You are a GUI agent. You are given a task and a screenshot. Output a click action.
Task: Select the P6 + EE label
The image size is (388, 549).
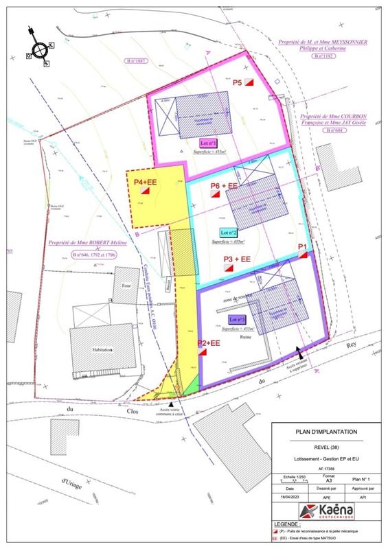click(224, 186)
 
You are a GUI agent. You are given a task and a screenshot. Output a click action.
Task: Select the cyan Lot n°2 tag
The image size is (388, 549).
click(229, 232)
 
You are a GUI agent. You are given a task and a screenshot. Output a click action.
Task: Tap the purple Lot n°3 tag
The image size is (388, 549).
click(237, 320)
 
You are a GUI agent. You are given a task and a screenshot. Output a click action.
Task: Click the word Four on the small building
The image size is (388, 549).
click(125, 286)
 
